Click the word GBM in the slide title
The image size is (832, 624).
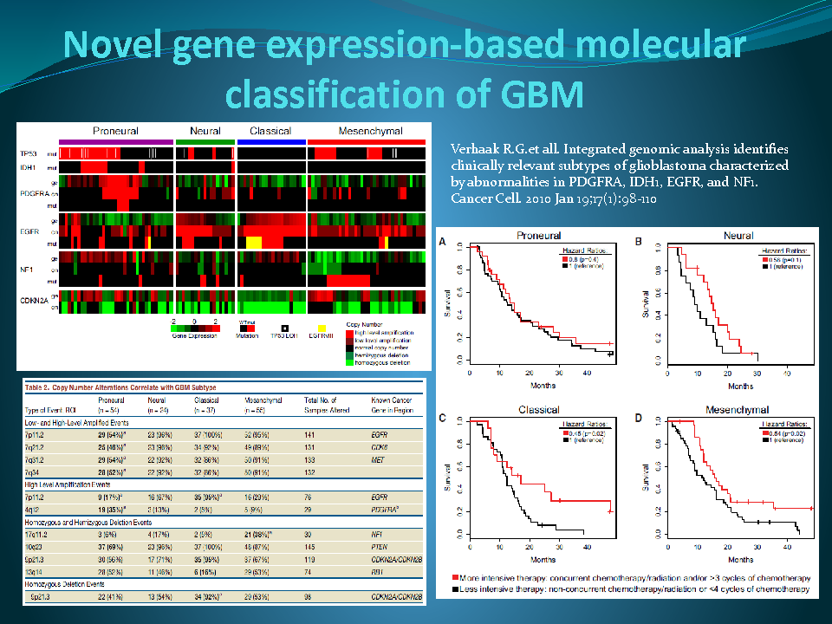tap(534, 94)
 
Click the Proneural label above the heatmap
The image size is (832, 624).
tap(115, 131)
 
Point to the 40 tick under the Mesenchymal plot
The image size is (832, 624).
tap(786, 547)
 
